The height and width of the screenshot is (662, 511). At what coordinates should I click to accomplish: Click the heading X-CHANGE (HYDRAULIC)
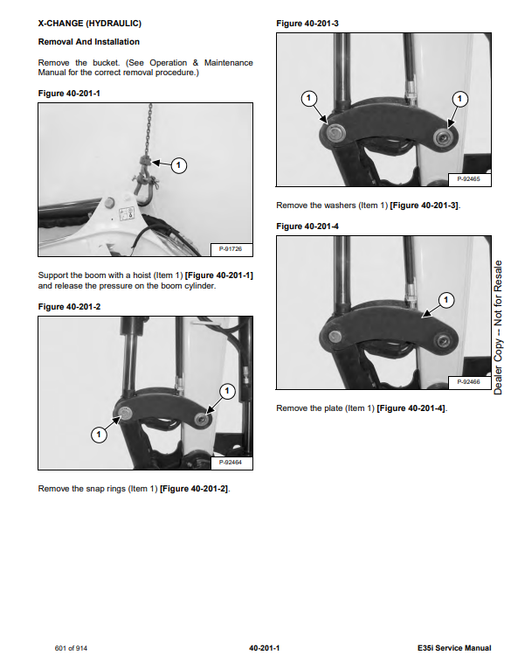90,24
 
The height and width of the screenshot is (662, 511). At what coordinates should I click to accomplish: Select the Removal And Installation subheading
88,42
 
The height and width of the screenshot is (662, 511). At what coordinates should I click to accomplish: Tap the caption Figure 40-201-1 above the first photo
69,94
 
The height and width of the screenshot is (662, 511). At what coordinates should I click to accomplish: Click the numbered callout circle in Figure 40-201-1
178,165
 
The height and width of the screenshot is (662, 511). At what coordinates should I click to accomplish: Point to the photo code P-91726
231,249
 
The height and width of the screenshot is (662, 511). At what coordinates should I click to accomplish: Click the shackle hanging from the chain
144,191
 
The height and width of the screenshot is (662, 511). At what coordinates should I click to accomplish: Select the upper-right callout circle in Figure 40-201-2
227,391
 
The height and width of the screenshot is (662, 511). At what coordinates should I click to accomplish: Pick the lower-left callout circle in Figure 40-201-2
99,435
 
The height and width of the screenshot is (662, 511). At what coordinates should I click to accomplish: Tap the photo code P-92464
231,463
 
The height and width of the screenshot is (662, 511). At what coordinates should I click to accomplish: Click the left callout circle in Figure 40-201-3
308,99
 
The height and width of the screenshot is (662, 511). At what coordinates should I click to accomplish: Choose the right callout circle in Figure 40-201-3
459,99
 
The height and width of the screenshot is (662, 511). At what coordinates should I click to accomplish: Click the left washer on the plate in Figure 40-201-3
335,133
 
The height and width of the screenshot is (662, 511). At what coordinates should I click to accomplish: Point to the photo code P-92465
468,179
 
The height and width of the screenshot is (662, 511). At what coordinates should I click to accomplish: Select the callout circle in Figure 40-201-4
446,300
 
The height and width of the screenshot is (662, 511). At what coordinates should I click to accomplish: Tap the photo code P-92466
468,381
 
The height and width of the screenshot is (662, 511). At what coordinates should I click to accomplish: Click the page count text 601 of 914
71,648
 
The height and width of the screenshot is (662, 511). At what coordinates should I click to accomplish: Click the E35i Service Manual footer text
454,648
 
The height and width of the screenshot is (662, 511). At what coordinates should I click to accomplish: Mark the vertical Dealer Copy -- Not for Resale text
498,327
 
